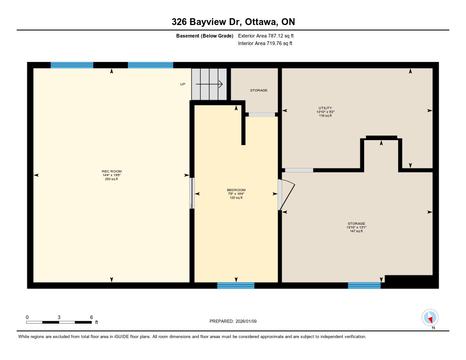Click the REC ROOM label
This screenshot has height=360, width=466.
(x=111, y=171)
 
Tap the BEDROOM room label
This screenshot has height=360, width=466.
(x=236, y=190)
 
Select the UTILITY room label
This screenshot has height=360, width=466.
(x=325, y=108)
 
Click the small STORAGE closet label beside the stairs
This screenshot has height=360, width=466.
(x=258, y=90)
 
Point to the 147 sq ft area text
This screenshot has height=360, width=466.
(x=356, y=231)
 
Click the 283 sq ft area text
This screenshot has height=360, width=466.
(x=111, y=179)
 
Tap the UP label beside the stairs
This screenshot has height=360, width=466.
(x=183, y=84)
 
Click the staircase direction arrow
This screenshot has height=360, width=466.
(x=209, y=84)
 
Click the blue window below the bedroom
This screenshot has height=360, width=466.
(x=236, y=286)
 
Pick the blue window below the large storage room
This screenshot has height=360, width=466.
(x=364, y=286)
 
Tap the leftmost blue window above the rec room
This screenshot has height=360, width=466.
(x=72, y=65)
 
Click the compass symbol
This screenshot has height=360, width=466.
(x=430, y=318)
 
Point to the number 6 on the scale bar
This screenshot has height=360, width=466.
(x=91, y=317)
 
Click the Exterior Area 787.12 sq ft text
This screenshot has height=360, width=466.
(x=266, y=35)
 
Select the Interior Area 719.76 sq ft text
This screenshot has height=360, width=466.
(x=265, y=43)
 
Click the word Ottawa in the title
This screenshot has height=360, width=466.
(x=262, y=22)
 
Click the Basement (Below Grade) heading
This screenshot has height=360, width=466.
(x=205, y=36)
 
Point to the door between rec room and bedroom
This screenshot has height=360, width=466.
(x=192, y=193)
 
